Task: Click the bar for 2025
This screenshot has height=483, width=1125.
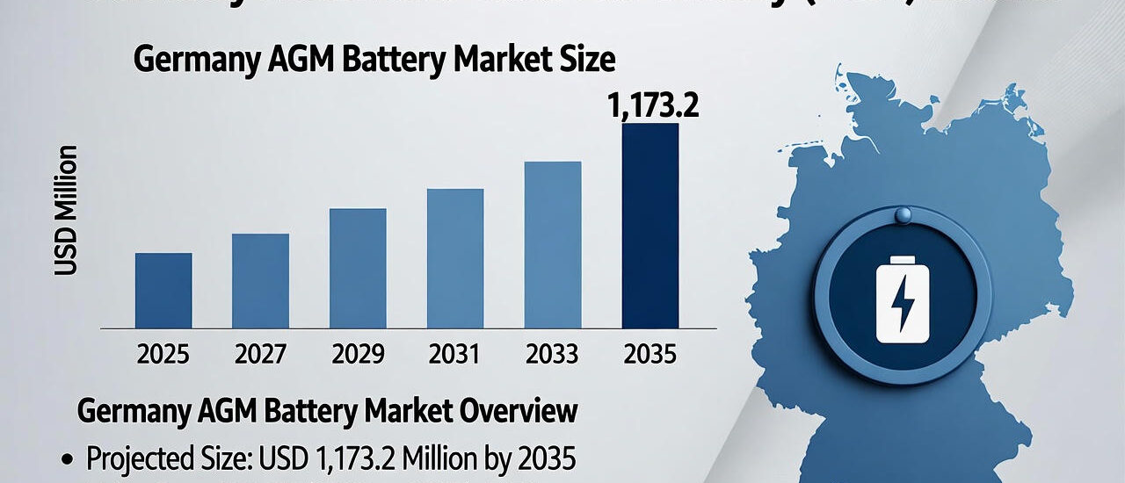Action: click(x=163, y=291)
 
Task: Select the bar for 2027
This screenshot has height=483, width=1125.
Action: click(x=260, y=281)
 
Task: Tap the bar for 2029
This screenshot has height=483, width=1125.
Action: click(x=358, y=268)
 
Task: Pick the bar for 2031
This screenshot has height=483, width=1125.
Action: click(x=455, y=258)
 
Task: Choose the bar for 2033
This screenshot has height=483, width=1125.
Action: click(x=553, y=244)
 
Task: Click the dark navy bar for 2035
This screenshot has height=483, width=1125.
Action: click(x=650, y=226)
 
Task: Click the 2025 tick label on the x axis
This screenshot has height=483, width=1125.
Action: click(x=163, y=354)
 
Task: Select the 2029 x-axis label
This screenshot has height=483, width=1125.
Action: click(x=358, y=354)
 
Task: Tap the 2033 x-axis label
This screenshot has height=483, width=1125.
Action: click(x=553, y=354)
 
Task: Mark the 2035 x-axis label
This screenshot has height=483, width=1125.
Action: click(x=650, y=354)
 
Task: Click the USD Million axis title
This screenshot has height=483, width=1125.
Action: click(x=67, y=212)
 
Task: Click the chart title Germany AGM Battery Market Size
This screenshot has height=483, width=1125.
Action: click(x=374, y=61)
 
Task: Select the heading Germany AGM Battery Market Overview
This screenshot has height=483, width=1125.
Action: click(x=328, y=411)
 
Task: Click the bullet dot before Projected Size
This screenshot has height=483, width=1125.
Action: click(x=66, y=458)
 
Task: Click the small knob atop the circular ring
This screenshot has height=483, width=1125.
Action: click(x=903, y=215)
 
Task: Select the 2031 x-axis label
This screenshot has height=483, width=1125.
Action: click(x=455, y=354)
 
